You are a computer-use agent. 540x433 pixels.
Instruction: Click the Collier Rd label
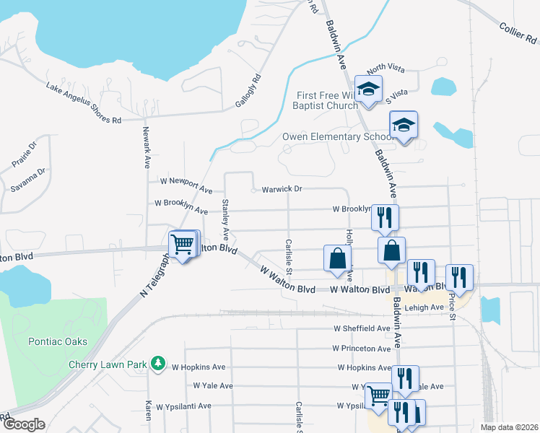click(x=519, y=36)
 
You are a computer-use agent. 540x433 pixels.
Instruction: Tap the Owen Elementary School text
click(x=335, y=136)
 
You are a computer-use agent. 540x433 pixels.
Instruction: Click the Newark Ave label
click(x=145, y=147)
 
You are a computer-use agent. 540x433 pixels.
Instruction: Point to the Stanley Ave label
click(x=225, y=219)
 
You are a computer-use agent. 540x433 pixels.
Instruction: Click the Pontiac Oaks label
click(x=58, y=341)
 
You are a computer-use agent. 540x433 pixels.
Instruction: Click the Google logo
click(x=23, y=424)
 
